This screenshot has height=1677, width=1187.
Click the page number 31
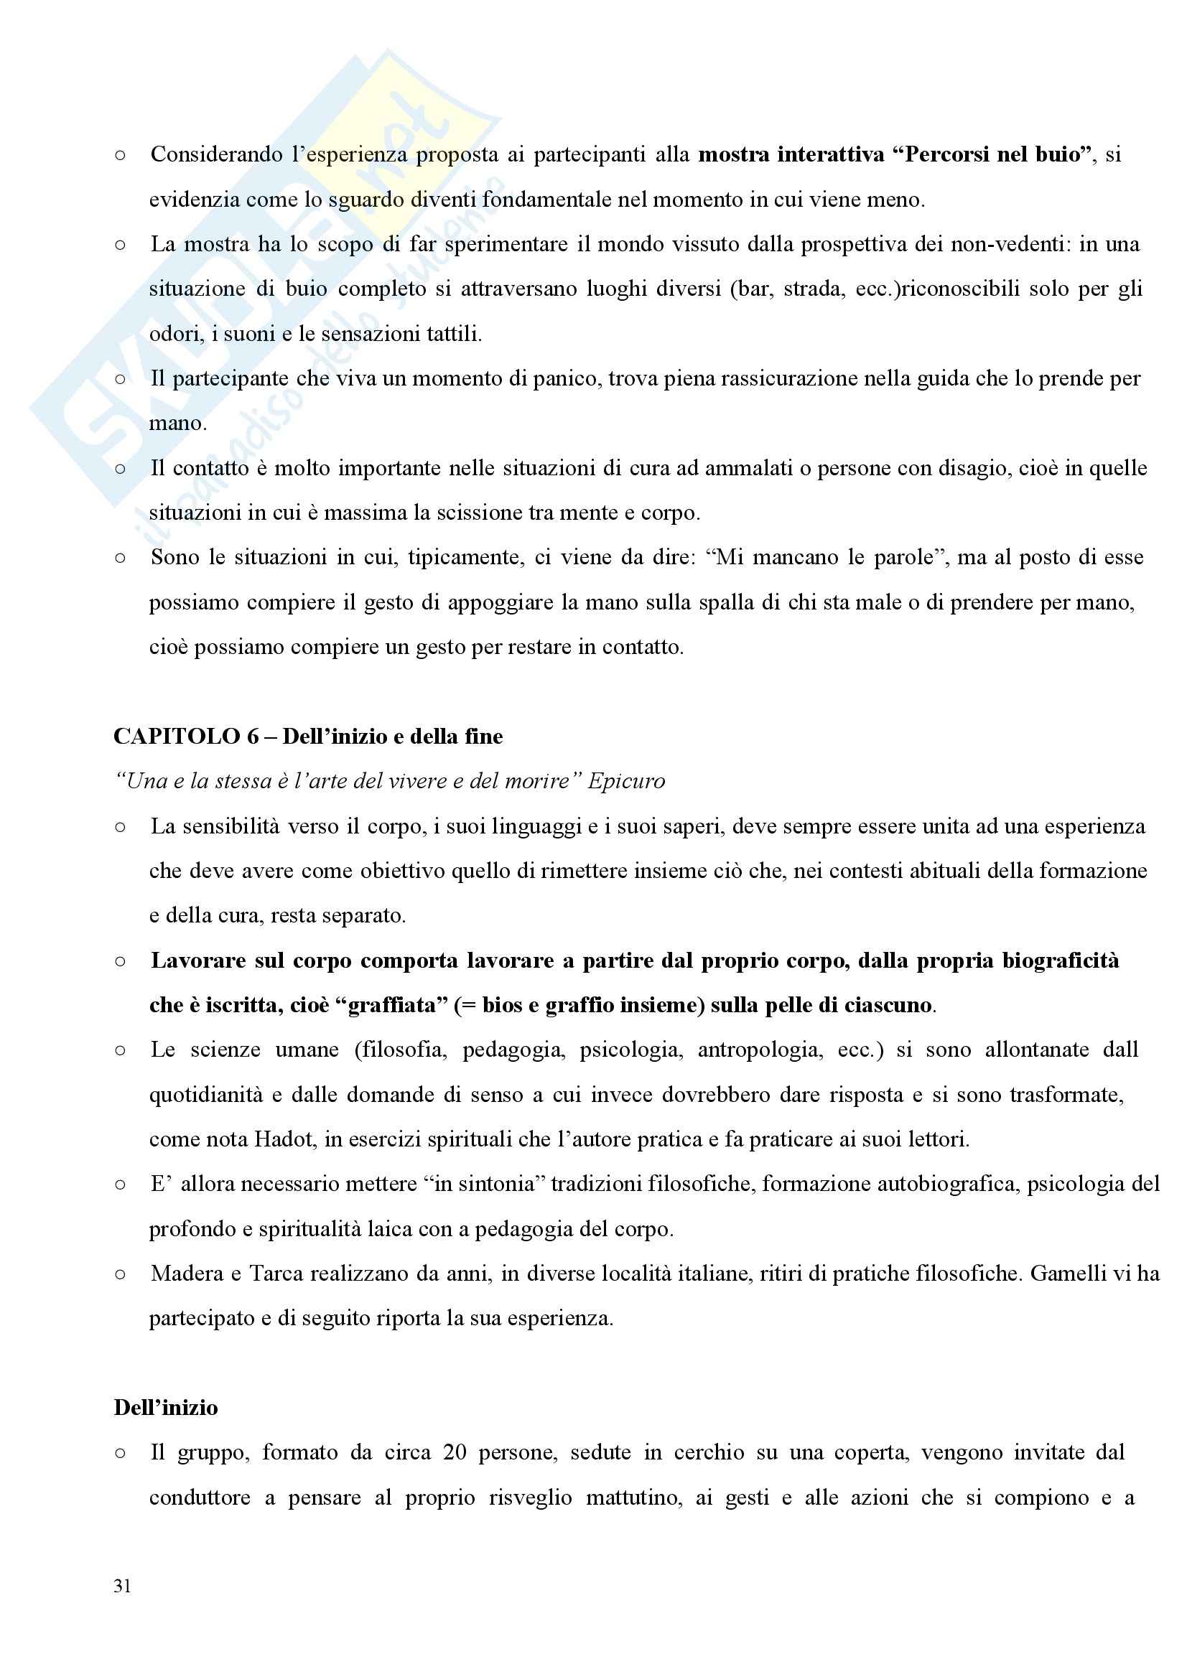122,1585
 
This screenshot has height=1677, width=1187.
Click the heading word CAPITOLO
176,736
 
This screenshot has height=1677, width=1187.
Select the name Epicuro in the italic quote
626,781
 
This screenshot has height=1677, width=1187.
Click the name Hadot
284,1139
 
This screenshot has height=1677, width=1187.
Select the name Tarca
277,1274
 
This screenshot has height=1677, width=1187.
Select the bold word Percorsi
947,154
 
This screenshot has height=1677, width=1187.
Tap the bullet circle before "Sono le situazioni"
120,559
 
